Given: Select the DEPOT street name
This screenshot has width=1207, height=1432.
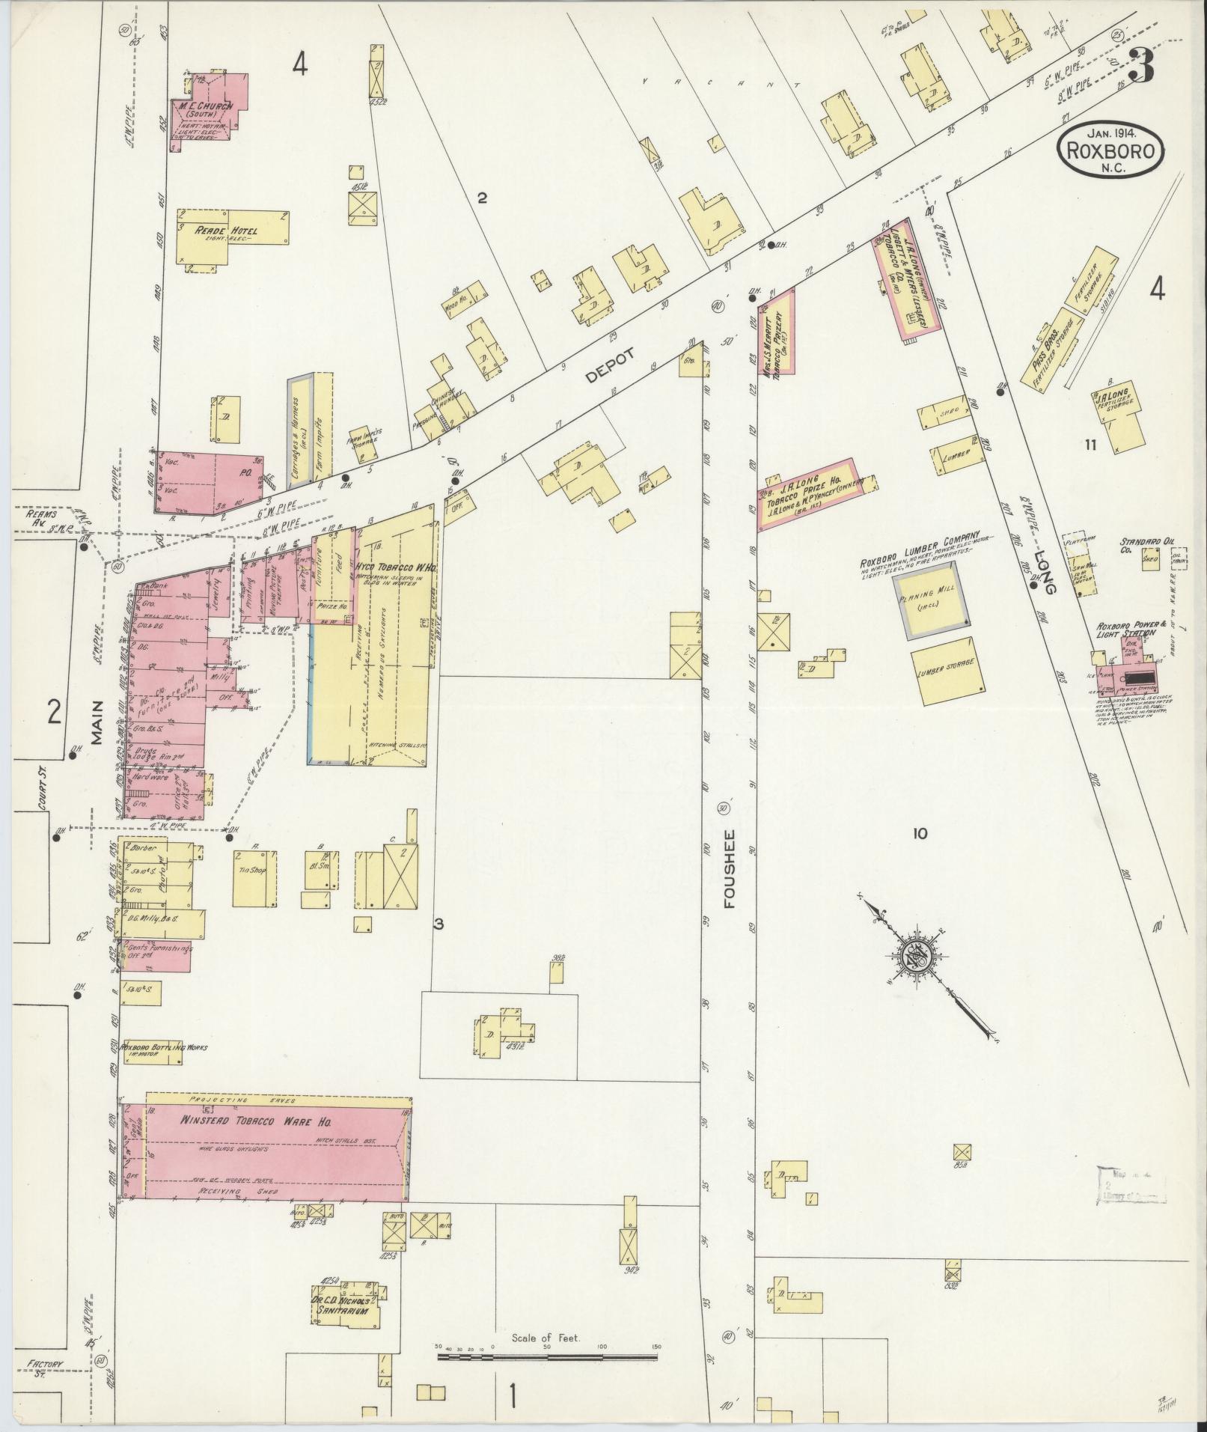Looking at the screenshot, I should pyautogui.click(x=610, y=366).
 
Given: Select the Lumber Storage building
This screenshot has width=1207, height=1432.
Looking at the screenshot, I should pyautogui.click(x=947, y=671).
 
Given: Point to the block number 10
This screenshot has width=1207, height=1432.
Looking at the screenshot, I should pyautogui.click(x=920, y=833).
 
